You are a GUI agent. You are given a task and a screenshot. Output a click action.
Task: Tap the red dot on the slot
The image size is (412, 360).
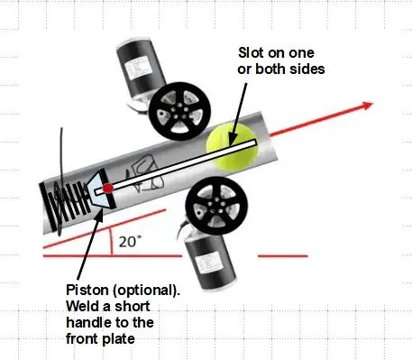[x=107, y=189]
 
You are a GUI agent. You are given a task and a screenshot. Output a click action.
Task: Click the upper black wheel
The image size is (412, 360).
[x=179, y=111]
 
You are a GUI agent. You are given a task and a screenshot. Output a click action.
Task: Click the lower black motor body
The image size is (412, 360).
[x=210, y=262]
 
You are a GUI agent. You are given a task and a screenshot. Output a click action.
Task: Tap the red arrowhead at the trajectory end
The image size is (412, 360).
[x=368, y=106]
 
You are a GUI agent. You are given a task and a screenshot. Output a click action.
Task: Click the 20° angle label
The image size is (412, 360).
[x=130, y=242]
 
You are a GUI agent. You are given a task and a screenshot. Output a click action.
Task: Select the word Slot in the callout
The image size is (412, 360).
[x=252, y=53]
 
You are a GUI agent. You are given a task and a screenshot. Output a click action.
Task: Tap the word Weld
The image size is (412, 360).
[x=83, y=307]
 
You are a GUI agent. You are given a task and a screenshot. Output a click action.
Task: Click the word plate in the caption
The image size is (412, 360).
[x=118, y=339]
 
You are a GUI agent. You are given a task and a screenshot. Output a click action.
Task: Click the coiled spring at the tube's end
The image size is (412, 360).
[x=68, y=206]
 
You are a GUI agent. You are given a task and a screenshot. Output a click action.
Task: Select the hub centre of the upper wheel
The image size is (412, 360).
[x=179, y=111]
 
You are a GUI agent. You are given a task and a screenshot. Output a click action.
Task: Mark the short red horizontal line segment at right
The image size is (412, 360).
[x=283, y=256]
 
